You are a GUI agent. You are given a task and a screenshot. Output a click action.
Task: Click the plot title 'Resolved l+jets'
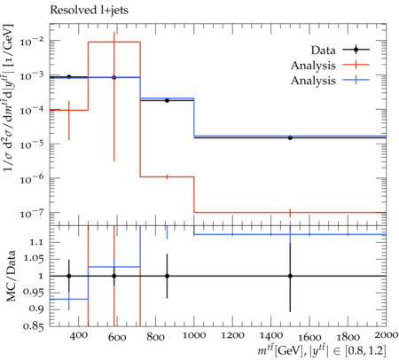89,10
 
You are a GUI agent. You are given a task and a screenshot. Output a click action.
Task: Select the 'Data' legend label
323,51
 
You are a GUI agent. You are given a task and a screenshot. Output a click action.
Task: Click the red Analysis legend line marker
356,65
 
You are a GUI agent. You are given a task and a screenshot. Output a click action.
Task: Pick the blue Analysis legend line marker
356,80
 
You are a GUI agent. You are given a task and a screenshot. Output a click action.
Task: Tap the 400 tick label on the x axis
78,336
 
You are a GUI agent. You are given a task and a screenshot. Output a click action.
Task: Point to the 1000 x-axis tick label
193,336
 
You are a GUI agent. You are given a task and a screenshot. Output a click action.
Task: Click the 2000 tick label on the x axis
386,335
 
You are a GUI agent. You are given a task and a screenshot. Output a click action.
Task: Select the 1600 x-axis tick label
309,337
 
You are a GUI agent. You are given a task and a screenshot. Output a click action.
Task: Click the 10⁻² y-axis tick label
33,42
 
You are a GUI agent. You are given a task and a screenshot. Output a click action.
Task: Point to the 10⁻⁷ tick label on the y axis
33,213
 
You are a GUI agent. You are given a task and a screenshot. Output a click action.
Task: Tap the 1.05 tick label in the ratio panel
34,259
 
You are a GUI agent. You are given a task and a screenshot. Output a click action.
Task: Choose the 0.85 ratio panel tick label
34,326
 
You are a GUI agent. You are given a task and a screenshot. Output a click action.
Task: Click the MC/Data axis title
11,276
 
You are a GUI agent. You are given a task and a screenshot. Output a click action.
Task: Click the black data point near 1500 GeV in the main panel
290,137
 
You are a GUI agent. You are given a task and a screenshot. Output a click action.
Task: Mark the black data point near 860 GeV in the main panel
167,100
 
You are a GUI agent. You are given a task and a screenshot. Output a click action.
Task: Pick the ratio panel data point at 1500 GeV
290,276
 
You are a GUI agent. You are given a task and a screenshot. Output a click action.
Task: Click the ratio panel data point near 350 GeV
69,276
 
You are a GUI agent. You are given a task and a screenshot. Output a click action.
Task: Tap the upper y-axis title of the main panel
9,98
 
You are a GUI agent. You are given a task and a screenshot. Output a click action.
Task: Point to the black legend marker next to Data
356,50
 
